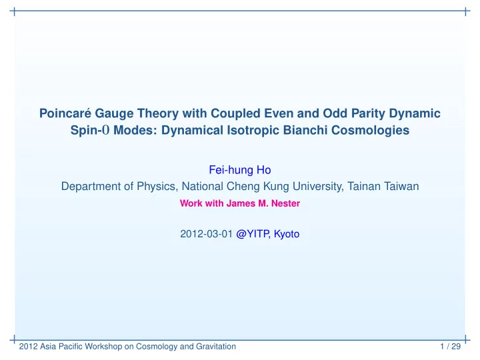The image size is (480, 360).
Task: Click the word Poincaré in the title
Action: (65, 113)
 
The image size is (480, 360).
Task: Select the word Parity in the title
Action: (368, 114)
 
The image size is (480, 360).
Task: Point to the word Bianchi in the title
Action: (305, 130)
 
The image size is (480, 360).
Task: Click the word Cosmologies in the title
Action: (370, 131)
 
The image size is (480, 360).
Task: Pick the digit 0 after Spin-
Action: (106, 130)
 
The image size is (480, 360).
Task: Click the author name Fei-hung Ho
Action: (240, 170)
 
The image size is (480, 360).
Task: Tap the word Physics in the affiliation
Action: (157, 187)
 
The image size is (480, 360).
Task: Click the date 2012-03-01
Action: (206, 234)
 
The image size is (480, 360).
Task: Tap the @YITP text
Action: (253, 234)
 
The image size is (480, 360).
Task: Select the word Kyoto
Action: (287, 234)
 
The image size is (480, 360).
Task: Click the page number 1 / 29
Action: (450, 346)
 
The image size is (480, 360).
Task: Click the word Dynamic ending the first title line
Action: (415, 114)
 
